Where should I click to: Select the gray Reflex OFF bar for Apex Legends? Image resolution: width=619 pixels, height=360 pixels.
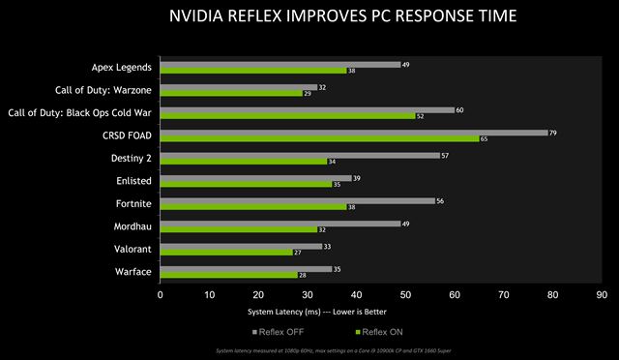(x=280, y=65)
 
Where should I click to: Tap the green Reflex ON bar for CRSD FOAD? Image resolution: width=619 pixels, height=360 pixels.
(x=319, y=138)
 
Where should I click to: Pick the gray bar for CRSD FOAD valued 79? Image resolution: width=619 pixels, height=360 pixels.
(x=354, y=133)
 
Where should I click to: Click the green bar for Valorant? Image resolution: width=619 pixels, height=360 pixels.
(x=226, y=252)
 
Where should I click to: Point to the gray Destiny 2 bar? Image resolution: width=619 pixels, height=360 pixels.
(x=300, y=155)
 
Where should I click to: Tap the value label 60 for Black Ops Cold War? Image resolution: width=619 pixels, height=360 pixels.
(x=459, y=109)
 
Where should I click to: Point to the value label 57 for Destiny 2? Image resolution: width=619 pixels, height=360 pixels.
(x=445, y=155)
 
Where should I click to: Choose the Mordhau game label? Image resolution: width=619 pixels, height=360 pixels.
(x=131, y=226)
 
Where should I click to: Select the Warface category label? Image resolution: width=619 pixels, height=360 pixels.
(x=132, y=271)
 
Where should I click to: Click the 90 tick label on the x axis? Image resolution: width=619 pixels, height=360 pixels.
(x=602, y=293)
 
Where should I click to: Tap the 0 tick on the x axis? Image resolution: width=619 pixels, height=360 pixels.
(x=161, y=293)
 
